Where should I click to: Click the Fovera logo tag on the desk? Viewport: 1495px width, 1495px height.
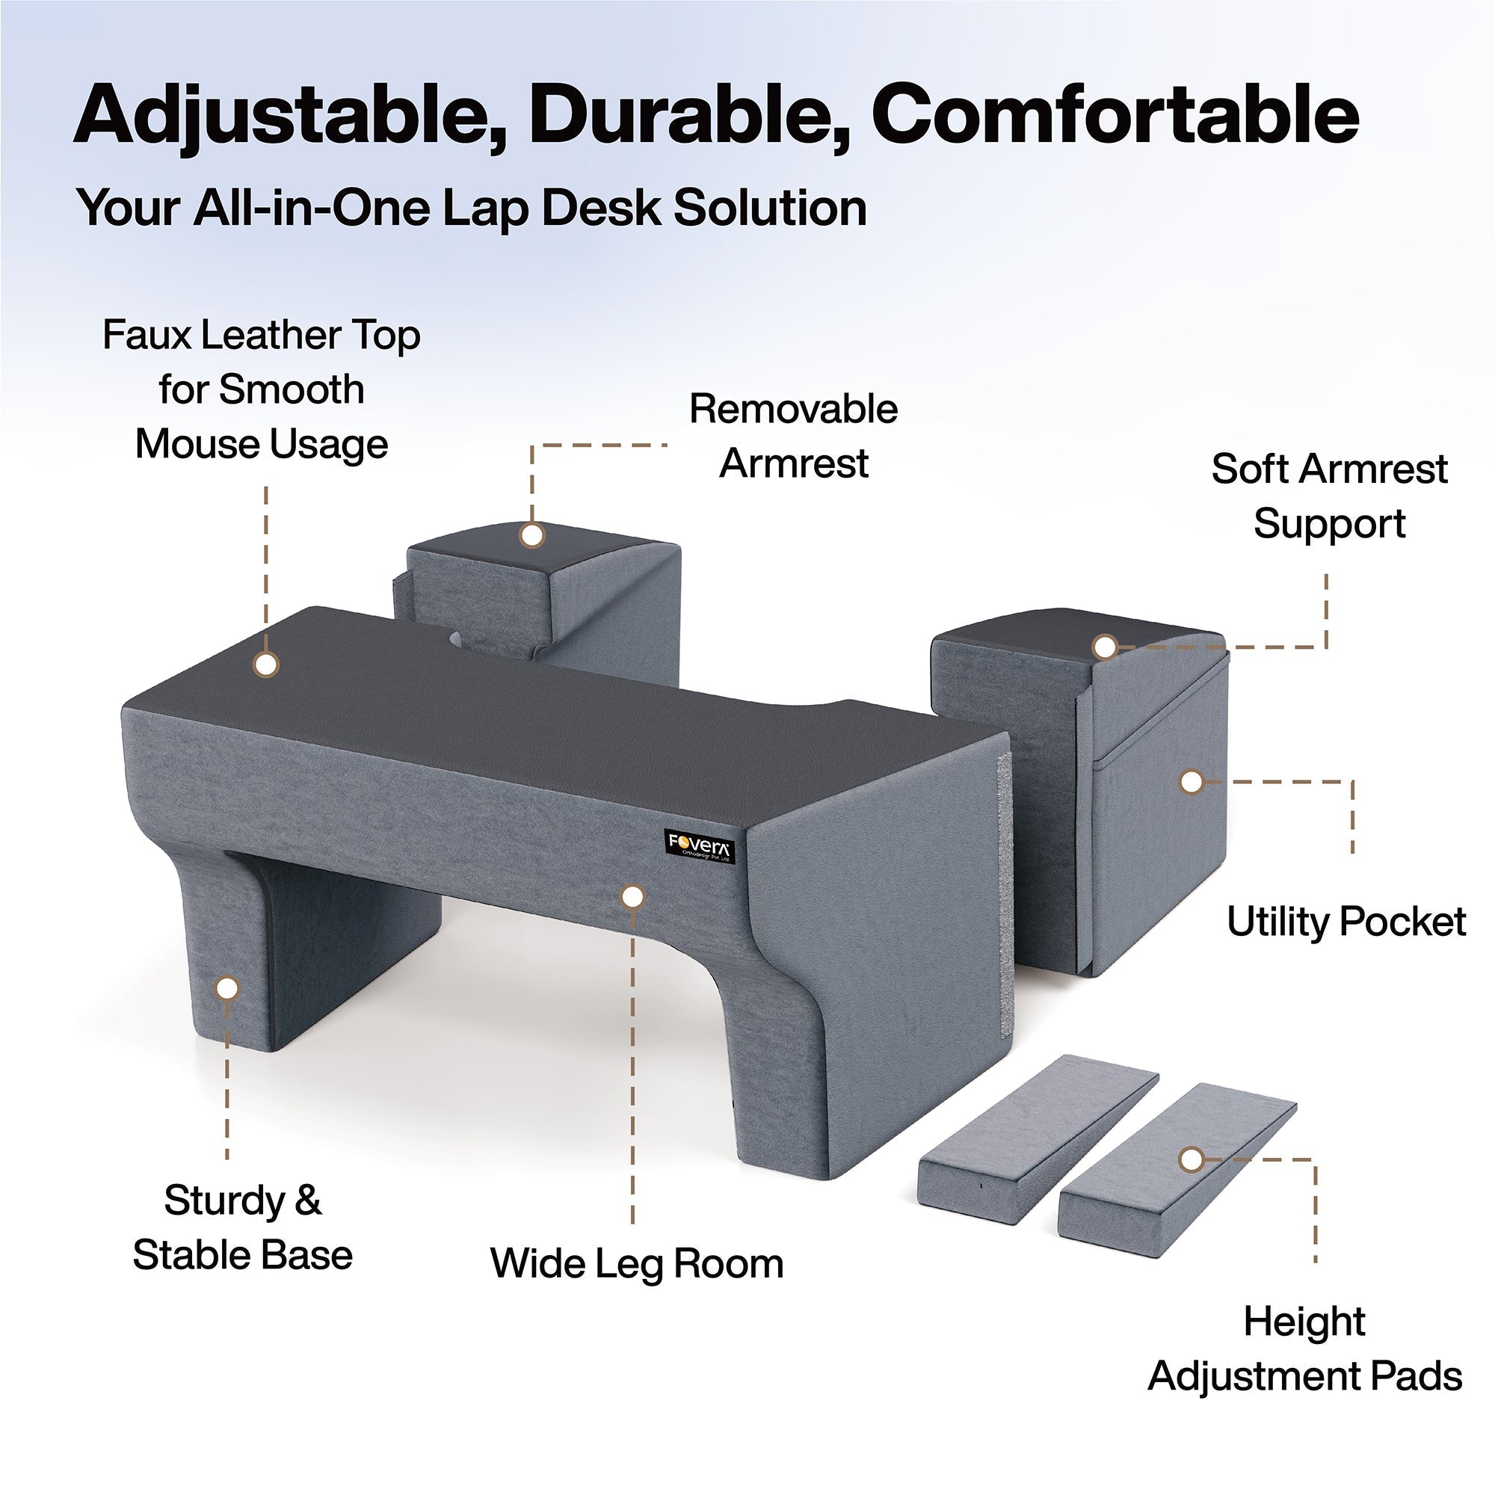700,847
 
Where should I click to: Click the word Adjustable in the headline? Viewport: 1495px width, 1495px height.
291,114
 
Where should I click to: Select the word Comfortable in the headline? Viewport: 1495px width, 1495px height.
1115,114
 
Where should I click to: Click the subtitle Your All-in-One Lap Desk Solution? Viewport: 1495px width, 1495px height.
471,208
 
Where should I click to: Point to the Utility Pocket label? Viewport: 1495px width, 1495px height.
1346,922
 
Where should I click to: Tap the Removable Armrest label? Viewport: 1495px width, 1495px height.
793,436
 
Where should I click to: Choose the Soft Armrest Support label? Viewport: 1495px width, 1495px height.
1329,496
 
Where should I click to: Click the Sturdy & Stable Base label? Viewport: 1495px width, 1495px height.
242,1228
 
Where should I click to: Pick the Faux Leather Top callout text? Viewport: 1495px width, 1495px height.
262,389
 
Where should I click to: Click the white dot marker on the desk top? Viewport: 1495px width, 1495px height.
266,664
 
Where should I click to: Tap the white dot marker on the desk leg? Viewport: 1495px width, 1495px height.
227,988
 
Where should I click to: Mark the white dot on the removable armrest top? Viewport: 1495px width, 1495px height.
531,534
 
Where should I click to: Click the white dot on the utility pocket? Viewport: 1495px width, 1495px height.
1192,783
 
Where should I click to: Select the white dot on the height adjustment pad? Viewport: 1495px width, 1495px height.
1192,1159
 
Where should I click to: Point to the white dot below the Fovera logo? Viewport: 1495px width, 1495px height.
633,897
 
